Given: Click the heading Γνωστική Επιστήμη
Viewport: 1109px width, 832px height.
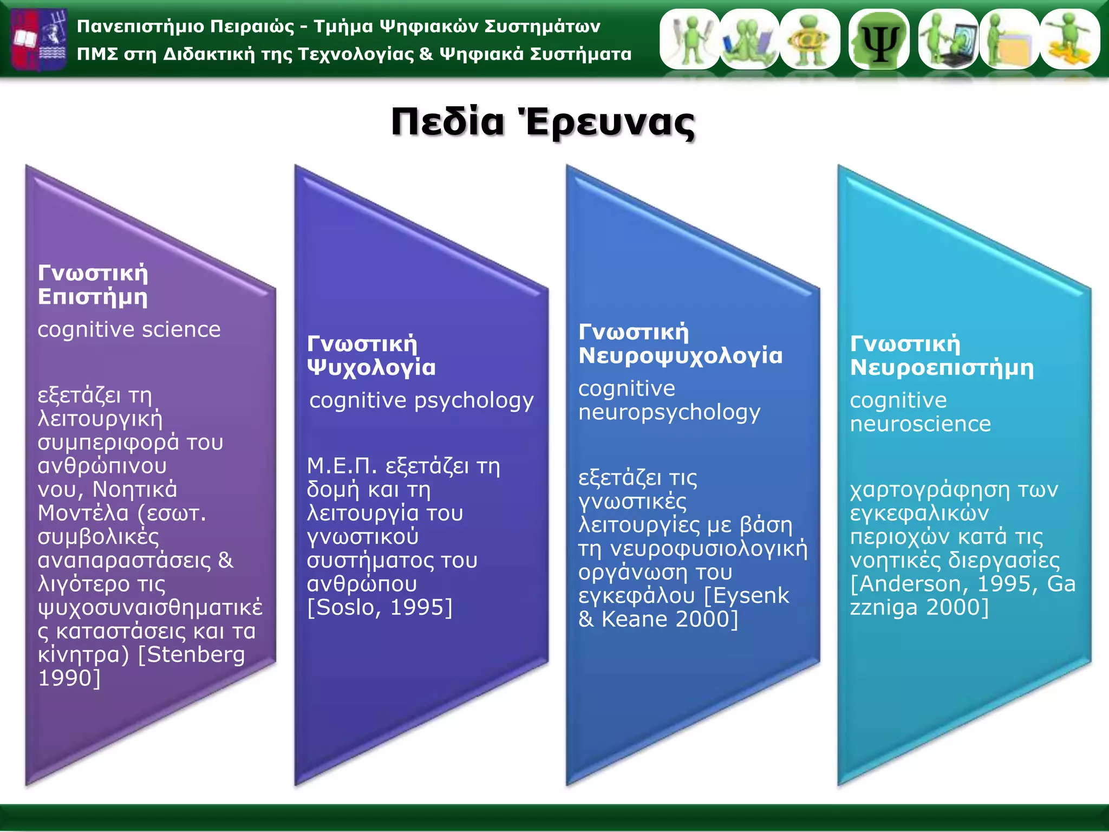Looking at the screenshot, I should pos(93,285).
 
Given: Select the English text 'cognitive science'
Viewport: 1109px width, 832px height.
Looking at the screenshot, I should pos(129,329).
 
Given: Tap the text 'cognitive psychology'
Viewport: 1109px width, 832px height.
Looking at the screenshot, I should pos(421,401).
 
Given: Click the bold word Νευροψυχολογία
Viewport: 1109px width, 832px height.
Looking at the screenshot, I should pos(680,356).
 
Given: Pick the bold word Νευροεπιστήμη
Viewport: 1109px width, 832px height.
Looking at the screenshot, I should pos(941,368).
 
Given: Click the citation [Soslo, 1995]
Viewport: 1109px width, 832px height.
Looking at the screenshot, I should pos(379,608).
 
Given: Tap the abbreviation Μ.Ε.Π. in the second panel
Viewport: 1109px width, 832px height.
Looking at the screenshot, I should pos(341,466).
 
